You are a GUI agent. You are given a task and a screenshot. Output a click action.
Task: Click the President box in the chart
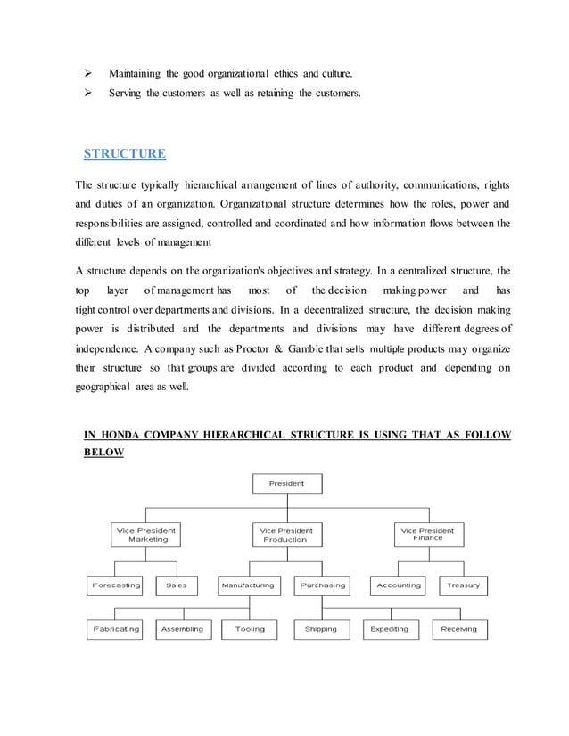pyautogui.click(x=286, y=483)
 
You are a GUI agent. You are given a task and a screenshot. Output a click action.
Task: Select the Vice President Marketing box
pyautogui.click(x=147, y=535)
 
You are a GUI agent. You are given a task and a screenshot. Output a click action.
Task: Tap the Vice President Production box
pyautogui.click(x=285, y=535)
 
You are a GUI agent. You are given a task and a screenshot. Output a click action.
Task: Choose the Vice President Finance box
pyautogui.click(x=427, y=534)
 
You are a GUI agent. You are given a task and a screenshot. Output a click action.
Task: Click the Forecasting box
pyautogui.click(x=115, y=585)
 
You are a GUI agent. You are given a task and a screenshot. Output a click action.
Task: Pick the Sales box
pyautogui.click(x=177, y=585)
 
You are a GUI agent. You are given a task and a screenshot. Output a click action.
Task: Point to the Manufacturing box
pyautogui.click(x=248, y=585)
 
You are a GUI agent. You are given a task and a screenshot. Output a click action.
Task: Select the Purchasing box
pyautogui.click(x=322, y=585)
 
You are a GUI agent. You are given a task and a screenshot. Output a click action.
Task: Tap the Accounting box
pyautogui.click(x=399, y=585)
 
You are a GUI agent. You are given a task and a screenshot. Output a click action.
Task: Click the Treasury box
pyautogui.click(x=463, y=585)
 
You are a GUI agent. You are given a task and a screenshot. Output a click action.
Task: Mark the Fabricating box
pyautogui.click(x=115, y=629)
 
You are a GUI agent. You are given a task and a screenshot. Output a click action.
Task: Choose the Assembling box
pyautogui.click(x=182, y=629)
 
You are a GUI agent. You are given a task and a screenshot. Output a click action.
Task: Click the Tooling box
pyautogui.click(x=250, y=629)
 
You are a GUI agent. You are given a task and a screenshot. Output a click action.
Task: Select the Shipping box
pyautogui.click(x=321, y=629)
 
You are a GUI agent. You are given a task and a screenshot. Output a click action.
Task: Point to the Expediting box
pyautogui.click(x=389, y=629)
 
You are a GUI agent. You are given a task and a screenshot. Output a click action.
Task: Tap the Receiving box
pyautogui.click(x=458, y=629)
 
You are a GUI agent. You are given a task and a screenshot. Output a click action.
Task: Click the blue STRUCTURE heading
pyautogui.click(x=124, y=153)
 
